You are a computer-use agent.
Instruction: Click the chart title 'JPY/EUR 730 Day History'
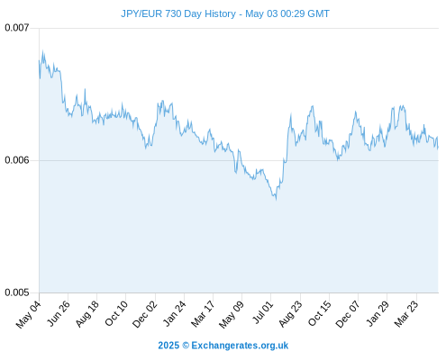pos(178,13)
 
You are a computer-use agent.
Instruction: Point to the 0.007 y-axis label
pos(17,28)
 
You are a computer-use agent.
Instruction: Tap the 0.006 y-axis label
pos(17,160)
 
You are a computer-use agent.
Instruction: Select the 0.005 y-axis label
pos(17,292)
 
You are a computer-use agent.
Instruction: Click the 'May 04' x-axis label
pos(28,314)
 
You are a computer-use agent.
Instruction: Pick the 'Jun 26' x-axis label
pos(59,313)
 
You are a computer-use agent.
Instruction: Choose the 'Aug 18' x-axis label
pos(86,313)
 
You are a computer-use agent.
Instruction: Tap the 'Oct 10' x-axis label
pos(116,313)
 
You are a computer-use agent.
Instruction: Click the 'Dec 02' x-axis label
pos(145,314)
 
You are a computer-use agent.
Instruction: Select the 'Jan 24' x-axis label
pos(175,313)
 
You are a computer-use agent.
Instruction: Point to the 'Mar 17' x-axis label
pos(203,313)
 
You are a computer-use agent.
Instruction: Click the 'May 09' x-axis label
pos(232,314)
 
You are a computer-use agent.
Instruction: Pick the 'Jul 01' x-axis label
pos(263,312)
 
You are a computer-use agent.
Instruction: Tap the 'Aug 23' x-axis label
pos(290,313)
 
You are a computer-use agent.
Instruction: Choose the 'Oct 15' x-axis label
pos(320,313)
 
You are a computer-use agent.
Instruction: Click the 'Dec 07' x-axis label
pos(348,314)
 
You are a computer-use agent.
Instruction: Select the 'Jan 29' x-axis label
pos(378,313)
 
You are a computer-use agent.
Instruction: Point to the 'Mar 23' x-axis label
pos(406,313)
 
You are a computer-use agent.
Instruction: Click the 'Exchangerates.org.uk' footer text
pos(240,346)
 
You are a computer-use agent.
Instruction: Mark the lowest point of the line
pos(276,200)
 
